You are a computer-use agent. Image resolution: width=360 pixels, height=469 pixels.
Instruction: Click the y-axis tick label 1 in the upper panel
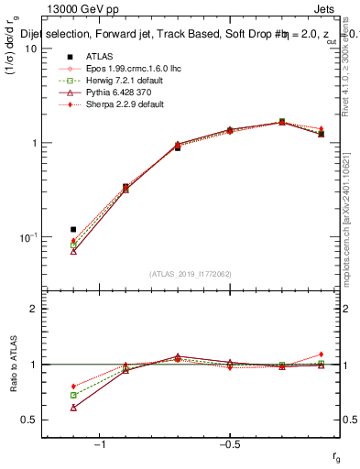pos(33,143)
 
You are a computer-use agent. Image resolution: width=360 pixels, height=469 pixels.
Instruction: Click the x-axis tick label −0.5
pos(228,444)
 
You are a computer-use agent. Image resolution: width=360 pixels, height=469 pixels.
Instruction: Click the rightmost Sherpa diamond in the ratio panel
pos(321,354)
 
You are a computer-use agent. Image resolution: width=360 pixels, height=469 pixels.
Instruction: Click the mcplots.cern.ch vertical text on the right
pos(351,211)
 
